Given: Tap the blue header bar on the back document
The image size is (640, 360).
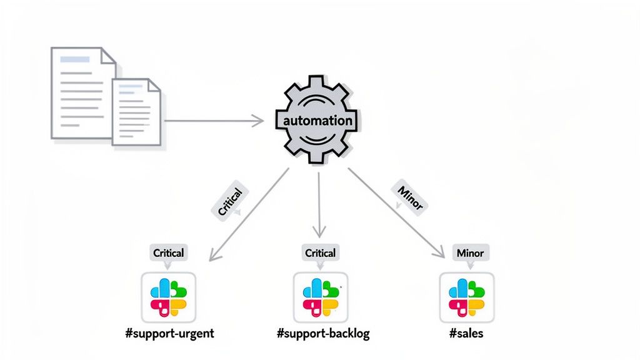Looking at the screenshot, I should tap(74, 60).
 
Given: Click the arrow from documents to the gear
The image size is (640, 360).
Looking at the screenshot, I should tap(212, 121).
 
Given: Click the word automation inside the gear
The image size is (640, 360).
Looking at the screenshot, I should tap(317, 121).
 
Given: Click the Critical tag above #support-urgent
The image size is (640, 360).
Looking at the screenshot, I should tap(169, 253).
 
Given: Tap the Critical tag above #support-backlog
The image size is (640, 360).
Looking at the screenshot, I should tap(320, 253).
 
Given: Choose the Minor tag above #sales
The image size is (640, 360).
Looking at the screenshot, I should tap(470, 253).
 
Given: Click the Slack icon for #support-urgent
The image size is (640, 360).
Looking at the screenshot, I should tap(169, 297).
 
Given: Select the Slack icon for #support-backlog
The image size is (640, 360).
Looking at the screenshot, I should tap(320, 297).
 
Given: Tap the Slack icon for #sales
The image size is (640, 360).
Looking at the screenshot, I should tap(467, 297).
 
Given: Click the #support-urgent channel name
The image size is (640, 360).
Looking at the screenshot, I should tap(169, 333).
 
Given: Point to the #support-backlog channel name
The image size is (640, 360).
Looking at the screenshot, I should tap(323, 333).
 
